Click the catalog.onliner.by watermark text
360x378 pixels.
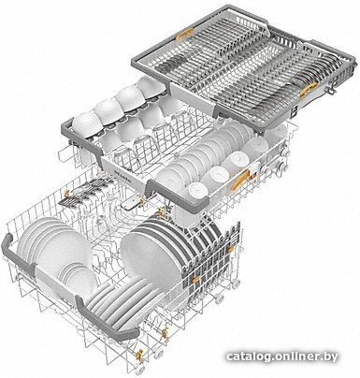pos(281,356)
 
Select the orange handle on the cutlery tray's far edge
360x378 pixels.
pos(184,34)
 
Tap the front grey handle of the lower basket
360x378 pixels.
pos(105,318)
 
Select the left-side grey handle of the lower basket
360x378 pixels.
pos(17,254)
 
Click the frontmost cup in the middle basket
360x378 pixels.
pos(197,191)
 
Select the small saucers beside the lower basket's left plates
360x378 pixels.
pos(78,274)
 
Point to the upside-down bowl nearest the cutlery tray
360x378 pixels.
pos(152,85)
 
